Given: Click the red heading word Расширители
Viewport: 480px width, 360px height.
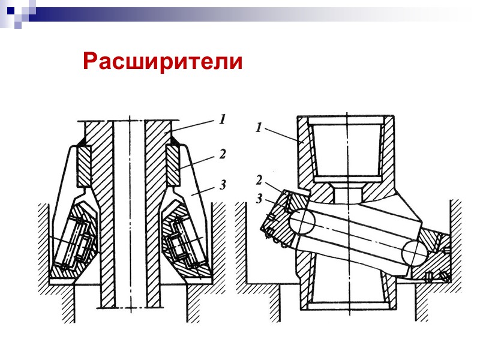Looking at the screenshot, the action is (x=163, y=61).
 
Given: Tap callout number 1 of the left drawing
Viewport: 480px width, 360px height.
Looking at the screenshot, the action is (x=221, y=120).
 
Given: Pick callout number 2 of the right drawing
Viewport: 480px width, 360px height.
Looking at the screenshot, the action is (x=259, y=180).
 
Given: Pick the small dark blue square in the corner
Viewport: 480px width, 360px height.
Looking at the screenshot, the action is (x=10, y=10).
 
